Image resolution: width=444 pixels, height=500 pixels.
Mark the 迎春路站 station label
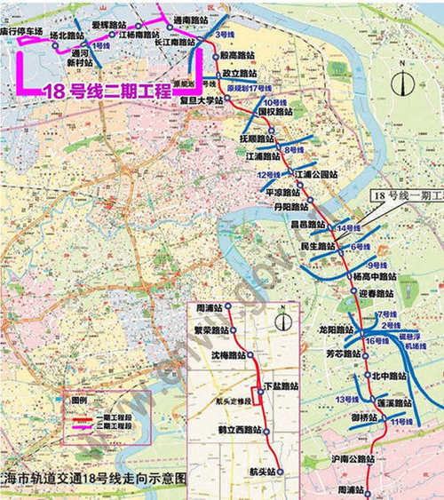(375, 293)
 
